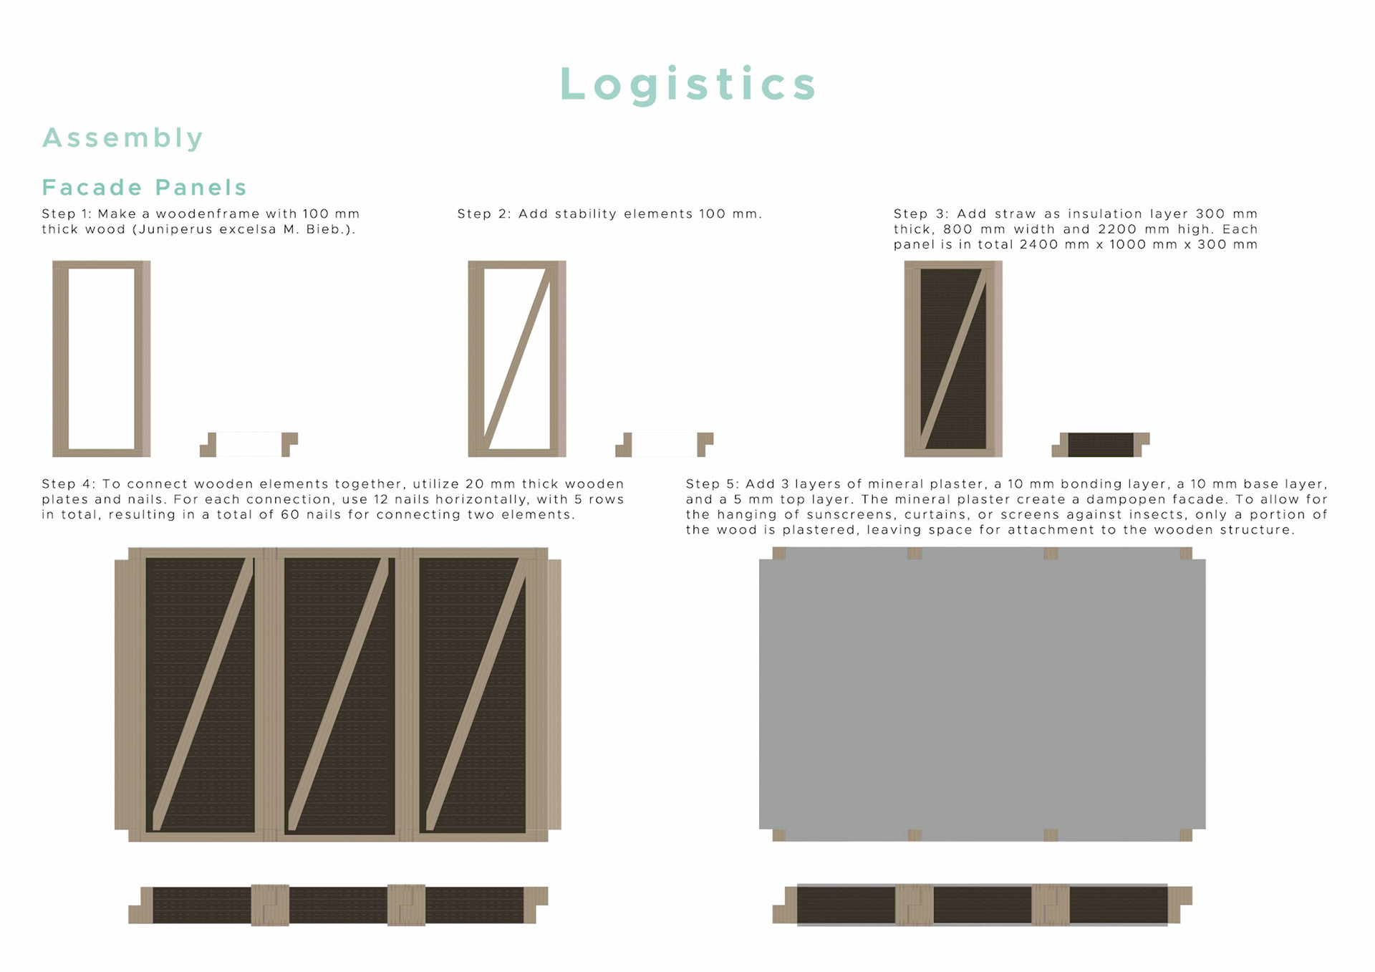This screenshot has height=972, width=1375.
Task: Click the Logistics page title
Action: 687,84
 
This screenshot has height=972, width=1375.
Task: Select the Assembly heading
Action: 123,138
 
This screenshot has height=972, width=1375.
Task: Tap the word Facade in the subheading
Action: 92,188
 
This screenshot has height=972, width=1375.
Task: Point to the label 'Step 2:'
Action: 483,213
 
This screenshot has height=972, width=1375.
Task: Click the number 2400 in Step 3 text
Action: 1043,244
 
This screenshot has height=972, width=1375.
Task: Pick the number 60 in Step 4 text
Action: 290,514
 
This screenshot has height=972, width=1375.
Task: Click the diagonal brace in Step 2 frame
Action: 517,358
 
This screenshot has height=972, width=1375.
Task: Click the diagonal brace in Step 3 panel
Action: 953,358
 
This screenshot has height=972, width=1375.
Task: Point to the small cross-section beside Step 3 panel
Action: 1101,444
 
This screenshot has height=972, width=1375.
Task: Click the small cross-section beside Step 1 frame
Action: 249,444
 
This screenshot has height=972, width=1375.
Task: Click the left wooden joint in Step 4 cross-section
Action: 270,905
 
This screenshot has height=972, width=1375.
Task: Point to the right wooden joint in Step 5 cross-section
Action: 1051,905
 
